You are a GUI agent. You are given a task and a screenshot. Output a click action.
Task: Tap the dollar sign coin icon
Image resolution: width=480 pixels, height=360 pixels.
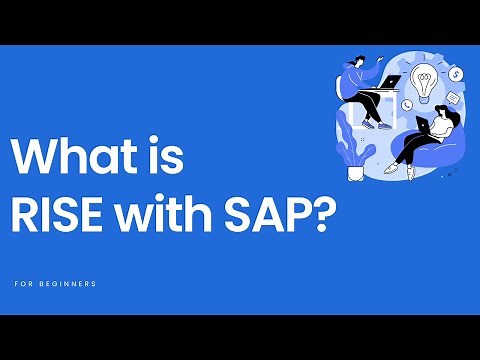(x=455, y=73)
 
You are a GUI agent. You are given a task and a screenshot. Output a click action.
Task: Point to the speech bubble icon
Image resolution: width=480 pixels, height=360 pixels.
(x=452, y=98)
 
